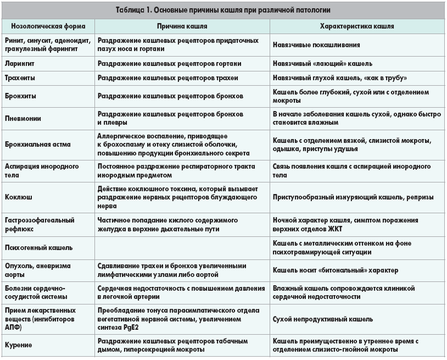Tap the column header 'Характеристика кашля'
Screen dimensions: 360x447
(357, 26)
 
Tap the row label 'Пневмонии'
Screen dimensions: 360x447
(23, 118)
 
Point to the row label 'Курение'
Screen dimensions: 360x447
(18, 345)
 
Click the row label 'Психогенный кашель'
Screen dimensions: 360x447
(38, 248)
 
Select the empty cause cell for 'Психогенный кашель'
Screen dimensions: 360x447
(182, 248)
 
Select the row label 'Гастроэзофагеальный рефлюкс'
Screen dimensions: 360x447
(39, 224)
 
